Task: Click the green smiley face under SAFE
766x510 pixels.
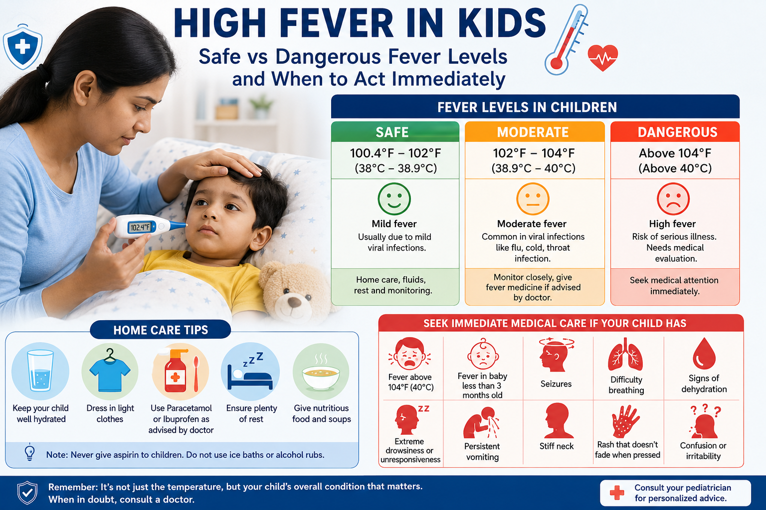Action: [394, 199]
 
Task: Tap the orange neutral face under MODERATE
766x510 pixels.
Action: [533, 199]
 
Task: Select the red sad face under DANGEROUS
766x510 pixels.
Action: [673, 199]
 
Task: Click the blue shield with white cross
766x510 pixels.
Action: [22, 47]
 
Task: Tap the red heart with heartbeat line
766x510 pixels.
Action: [602, 57]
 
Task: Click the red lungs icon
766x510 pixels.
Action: [625, 355]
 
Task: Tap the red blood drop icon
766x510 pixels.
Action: [704, 354]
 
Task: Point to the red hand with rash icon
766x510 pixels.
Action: [625, 421]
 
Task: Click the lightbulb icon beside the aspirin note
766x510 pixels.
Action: [30, 452]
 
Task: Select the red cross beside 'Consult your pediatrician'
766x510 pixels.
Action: [617, 493]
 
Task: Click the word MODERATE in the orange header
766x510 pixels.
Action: [533, 132]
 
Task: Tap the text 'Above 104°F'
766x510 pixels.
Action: [675, 153]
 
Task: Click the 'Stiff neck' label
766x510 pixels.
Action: [557, 446]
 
